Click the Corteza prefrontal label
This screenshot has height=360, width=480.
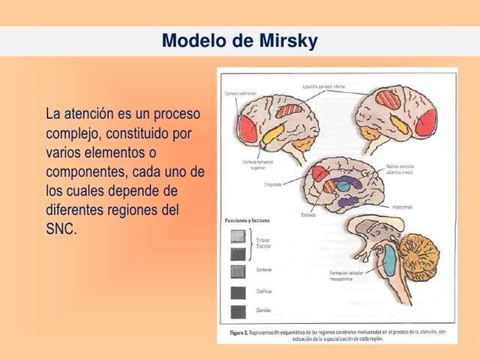pos(241,93)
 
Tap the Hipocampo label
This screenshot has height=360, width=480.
pos(401,206)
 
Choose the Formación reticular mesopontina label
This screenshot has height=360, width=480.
pos(348,276)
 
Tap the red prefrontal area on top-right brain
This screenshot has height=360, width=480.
pos(425,121)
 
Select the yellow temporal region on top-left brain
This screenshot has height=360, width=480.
pos(272,136)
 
